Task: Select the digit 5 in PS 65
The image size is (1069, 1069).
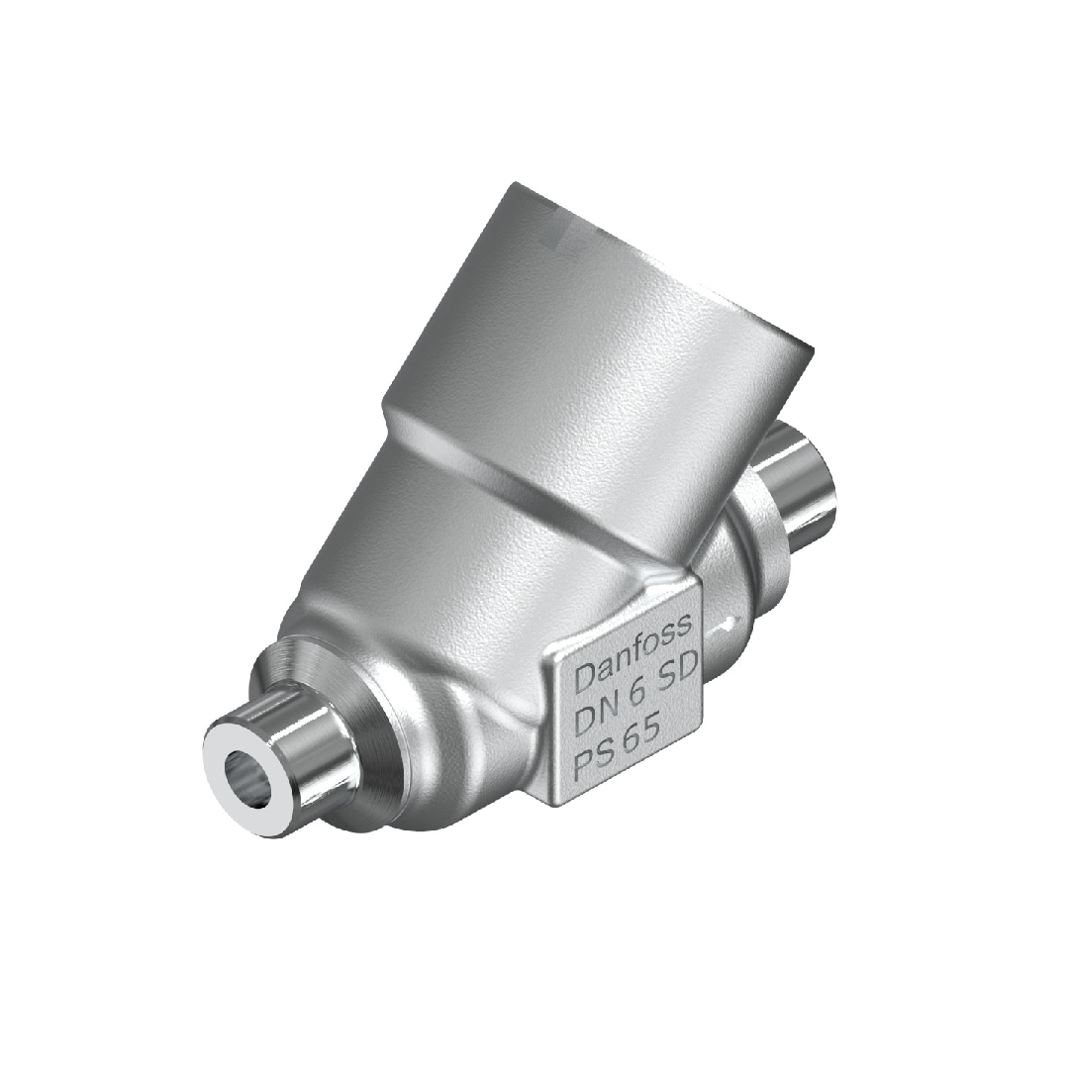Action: [x=662, y=732]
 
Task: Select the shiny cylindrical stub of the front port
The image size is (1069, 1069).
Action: [x=297, y=742]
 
